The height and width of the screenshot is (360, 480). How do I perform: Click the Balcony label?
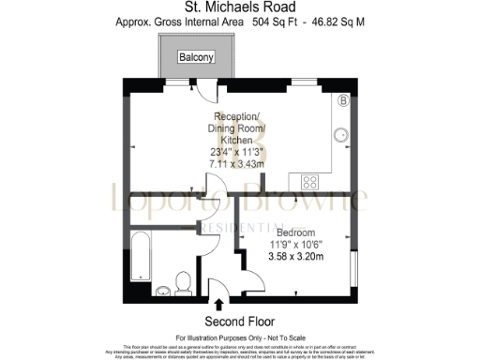point(198,58)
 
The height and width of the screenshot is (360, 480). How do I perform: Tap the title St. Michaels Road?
point(240,7)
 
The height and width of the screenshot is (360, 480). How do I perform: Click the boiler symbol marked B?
point(343,100)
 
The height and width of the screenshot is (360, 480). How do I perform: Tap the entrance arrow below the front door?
point(219,305)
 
